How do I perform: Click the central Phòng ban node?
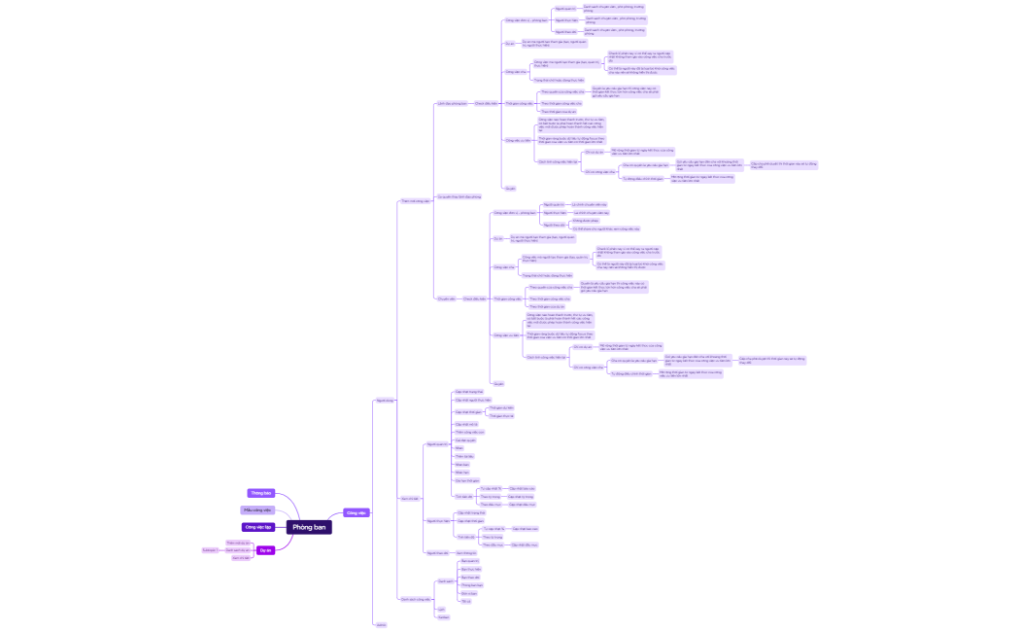309,527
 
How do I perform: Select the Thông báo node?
260,493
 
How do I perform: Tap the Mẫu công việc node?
257,509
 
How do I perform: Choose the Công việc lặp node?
257,527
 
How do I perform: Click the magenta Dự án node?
265,550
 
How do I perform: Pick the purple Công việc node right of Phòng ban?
356,512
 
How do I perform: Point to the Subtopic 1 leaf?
209,550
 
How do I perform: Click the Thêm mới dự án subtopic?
237,543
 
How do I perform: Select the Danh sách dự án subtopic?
237,550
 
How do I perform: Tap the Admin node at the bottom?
381,625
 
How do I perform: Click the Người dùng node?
385,400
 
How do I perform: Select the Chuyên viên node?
447,298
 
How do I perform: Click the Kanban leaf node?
443,616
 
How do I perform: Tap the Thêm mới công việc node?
415,201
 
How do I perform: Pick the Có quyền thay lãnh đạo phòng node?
459,195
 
